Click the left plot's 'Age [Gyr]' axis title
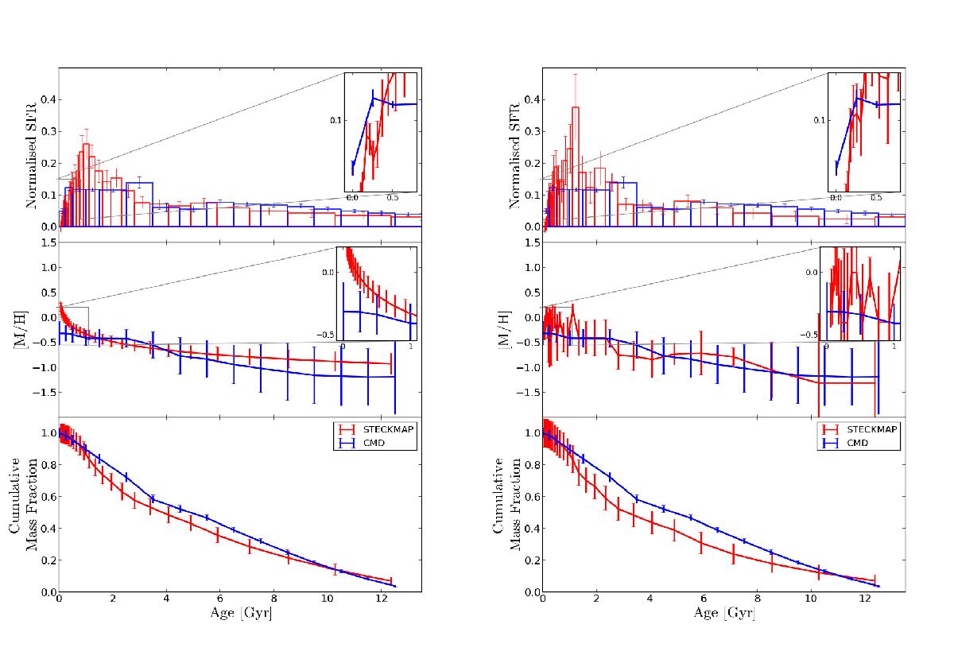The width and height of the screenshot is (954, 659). tap(239, 614)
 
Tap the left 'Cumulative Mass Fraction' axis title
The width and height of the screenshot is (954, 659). tap(23, 504)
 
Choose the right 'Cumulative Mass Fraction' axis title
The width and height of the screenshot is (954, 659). tap(506, 504)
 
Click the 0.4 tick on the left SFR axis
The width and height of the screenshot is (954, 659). tap(45, 99)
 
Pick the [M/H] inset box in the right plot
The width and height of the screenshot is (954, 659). tap(861, 293)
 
